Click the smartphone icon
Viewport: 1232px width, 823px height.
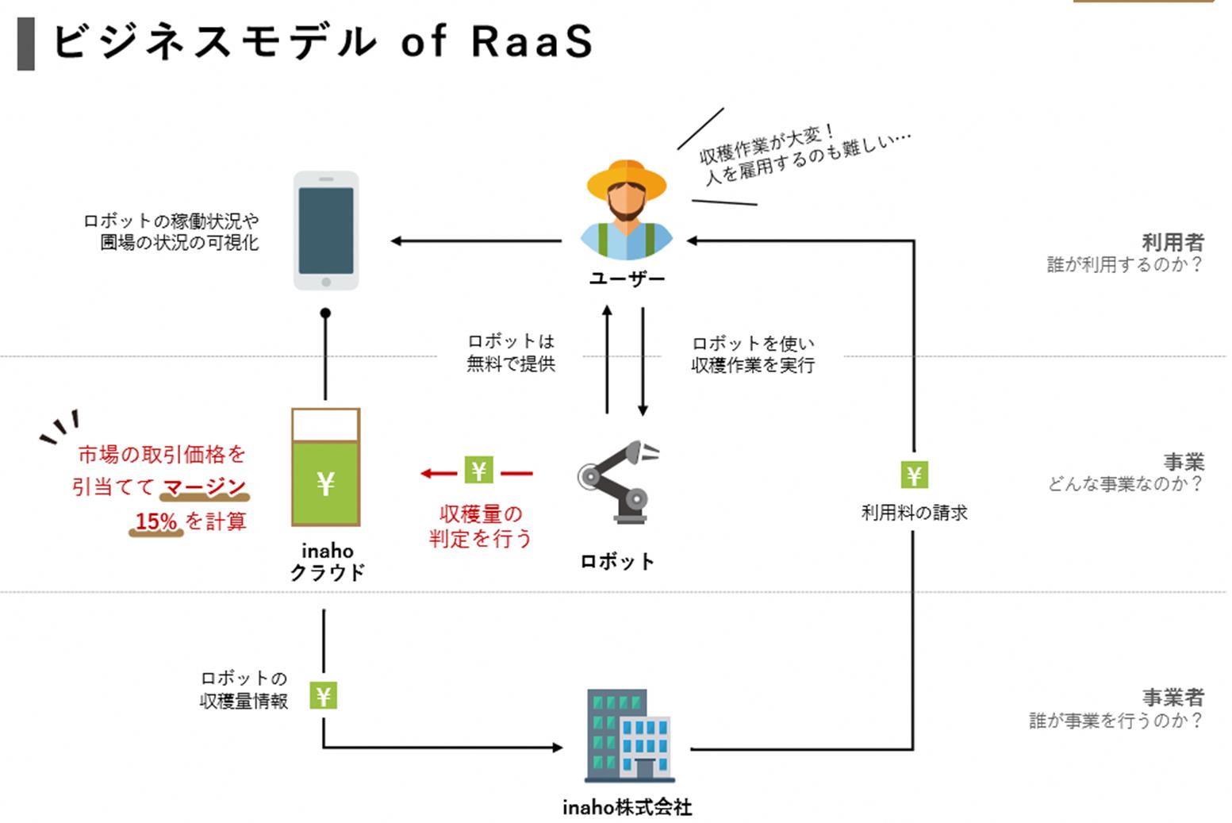tap(326, 231)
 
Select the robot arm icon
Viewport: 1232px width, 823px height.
tap(618, 482)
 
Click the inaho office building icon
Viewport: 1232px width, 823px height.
tap(630, 736)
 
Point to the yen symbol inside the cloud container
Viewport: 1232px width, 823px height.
tap(325, 483)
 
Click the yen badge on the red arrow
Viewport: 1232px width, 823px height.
tap(478, 471)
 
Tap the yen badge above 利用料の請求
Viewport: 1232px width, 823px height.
tap(914, 475)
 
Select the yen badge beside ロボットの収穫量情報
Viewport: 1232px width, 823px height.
tap(324, 696)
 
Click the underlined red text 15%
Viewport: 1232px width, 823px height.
tap(156, 521)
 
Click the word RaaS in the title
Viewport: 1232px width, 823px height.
tap(532, 41)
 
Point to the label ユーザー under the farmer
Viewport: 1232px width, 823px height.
tap(627, 279)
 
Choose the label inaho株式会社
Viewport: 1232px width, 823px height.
tap(627, 807)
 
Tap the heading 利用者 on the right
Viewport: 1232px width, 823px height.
tap(1173, 242)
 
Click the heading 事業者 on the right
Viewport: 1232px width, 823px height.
tap(1173, 698)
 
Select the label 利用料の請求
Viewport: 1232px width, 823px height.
tap(914, 513)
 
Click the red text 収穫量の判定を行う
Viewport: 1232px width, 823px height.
tap(480, 526)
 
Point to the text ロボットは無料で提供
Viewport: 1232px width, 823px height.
tap(511, 352)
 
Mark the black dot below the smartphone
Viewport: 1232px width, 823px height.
tap(325, 313)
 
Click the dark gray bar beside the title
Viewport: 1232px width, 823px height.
tap(26, 44)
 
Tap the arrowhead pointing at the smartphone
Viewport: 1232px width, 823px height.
tap(397, 241)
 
